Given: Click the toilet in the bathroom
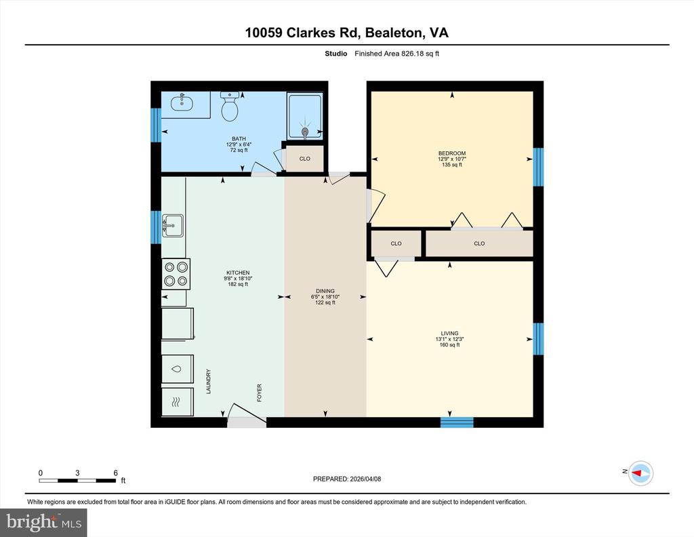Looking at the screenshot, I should (x=229, y=107).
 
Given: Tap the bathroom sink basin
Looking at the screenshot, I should (x=181, y=104).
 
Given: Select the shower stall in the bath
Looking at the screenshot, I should (x=305, y=116).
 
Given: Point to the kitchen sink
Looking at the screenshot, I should (x=173, y=225).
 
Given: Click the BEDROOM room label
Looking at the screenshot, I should (x=452, y=153).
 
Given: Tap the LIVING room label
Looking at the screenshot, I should (x=449, y=333).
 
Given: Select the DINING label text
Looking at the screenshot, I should (x=325, y=291).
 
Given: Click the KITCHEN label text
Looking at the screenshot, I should (x=239, y=273).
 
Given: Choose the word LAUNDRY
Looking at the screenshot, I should (x=209, y=381).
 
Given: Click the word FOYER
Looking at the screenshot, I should (x=259, y=393).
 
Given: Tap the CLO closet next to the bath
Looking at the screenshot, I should (x=304, y=159).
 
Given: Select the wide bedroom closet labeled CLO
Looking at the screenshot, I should (x=479, y=243).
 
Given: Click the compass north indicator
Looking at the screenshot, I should (x=640, y=473).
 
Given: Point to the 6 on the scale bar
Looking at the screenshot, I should (x=116, y=473).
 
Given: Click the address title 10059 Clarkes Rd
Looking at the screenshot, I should (x=346, y=33).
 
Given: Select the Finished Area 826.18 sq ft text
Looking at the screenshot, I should (x=396, y=54).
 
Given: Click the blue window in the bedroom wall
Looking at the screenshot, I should (x=538, y=167).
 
